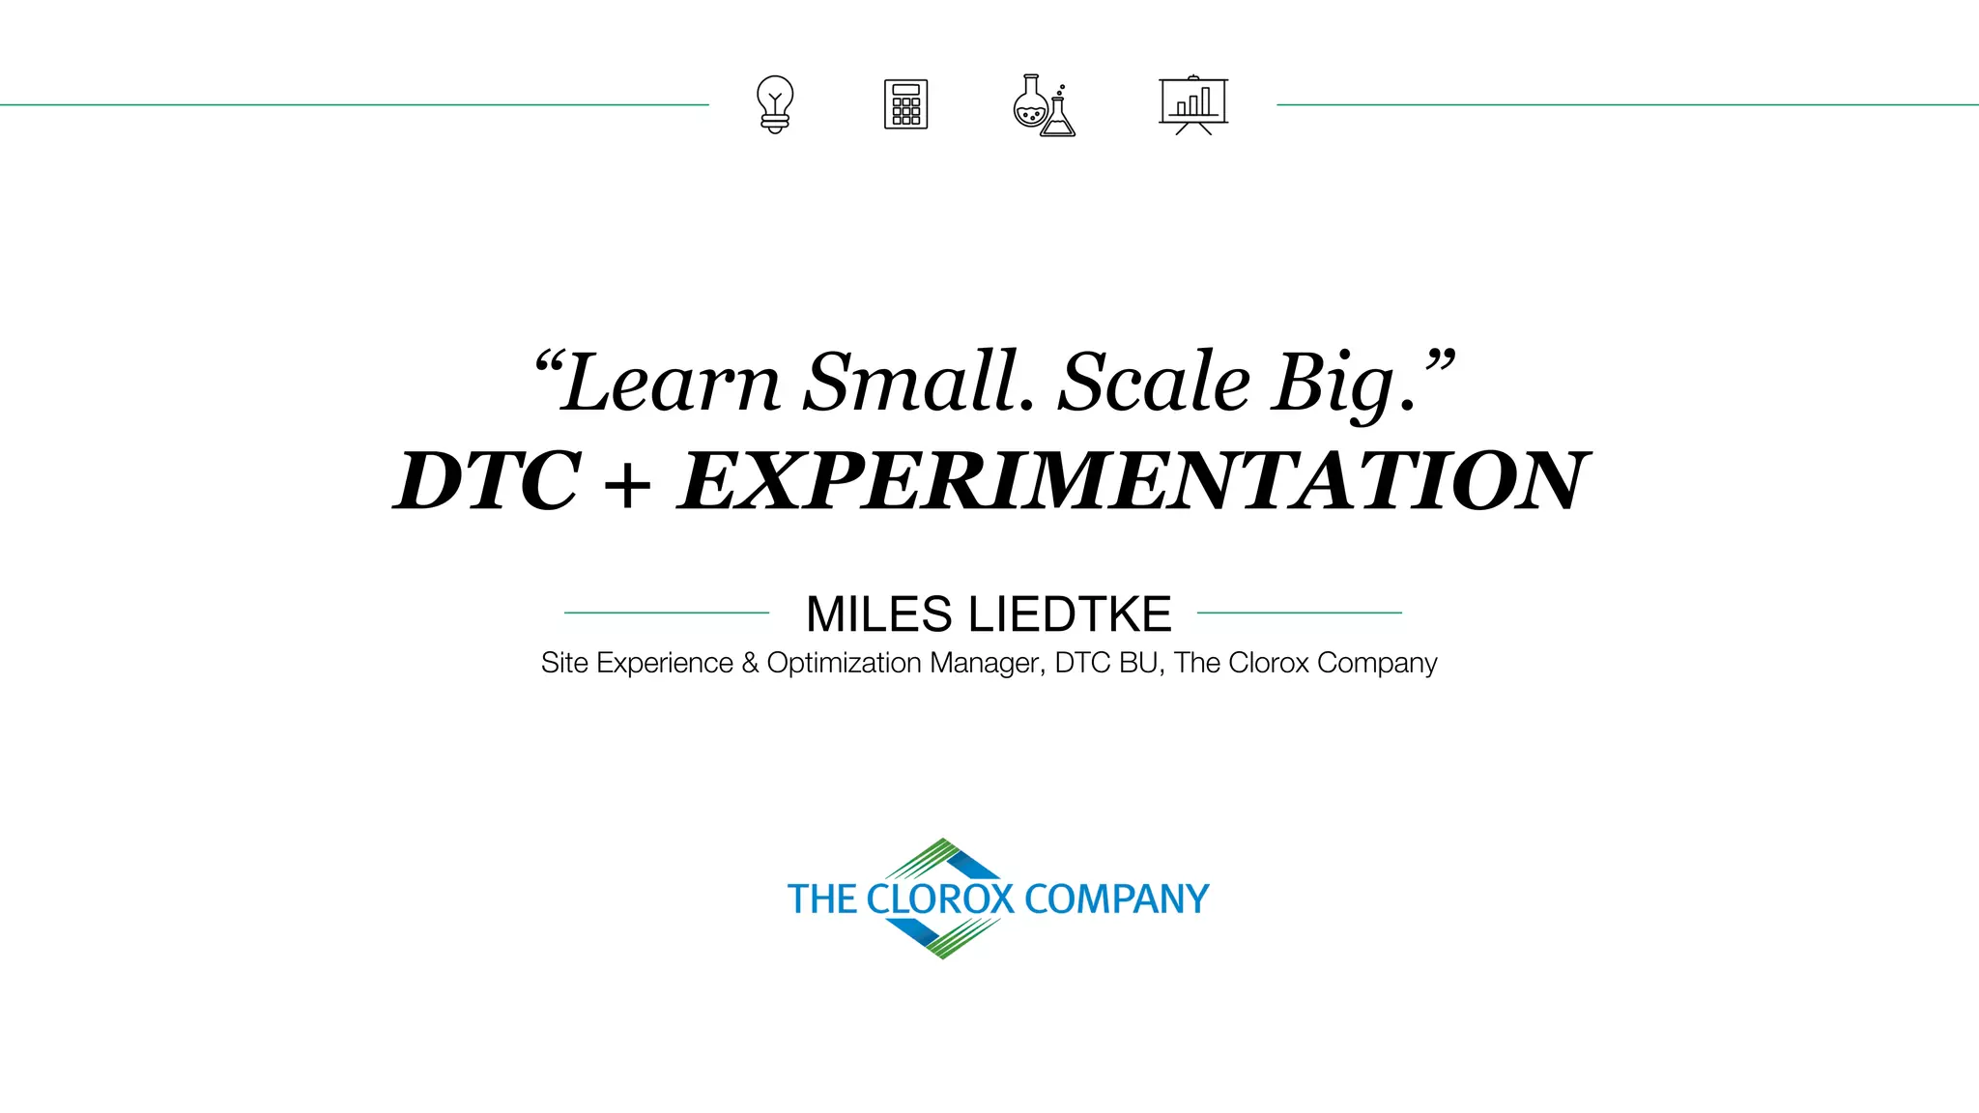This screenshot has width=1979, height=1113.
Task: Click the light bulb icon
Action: click(775, 104)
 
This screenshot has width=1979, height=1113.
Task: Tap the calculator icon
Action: click(905, 104)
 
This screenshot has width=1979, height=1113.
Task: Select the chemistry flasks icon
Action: click(1044, 105)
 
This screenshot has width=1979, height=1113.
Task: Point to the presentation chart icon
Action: click(1193, 104)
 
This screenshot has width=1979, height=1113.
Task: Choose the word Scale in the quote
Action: click(1155, 383)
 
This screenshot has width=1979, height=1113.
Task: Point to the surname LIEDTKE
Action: click(1070, 614)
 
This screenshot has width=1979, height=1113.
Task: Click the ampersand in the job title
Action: click(750, 663)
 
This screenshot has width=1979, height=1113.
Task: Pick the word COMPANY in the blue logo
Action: click(1116, 899)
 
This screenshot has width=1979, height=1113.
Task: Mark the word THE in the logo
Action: click(821, 899)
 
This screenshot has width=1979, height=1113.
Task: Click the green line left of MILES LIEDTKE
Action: click(667, 613)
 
